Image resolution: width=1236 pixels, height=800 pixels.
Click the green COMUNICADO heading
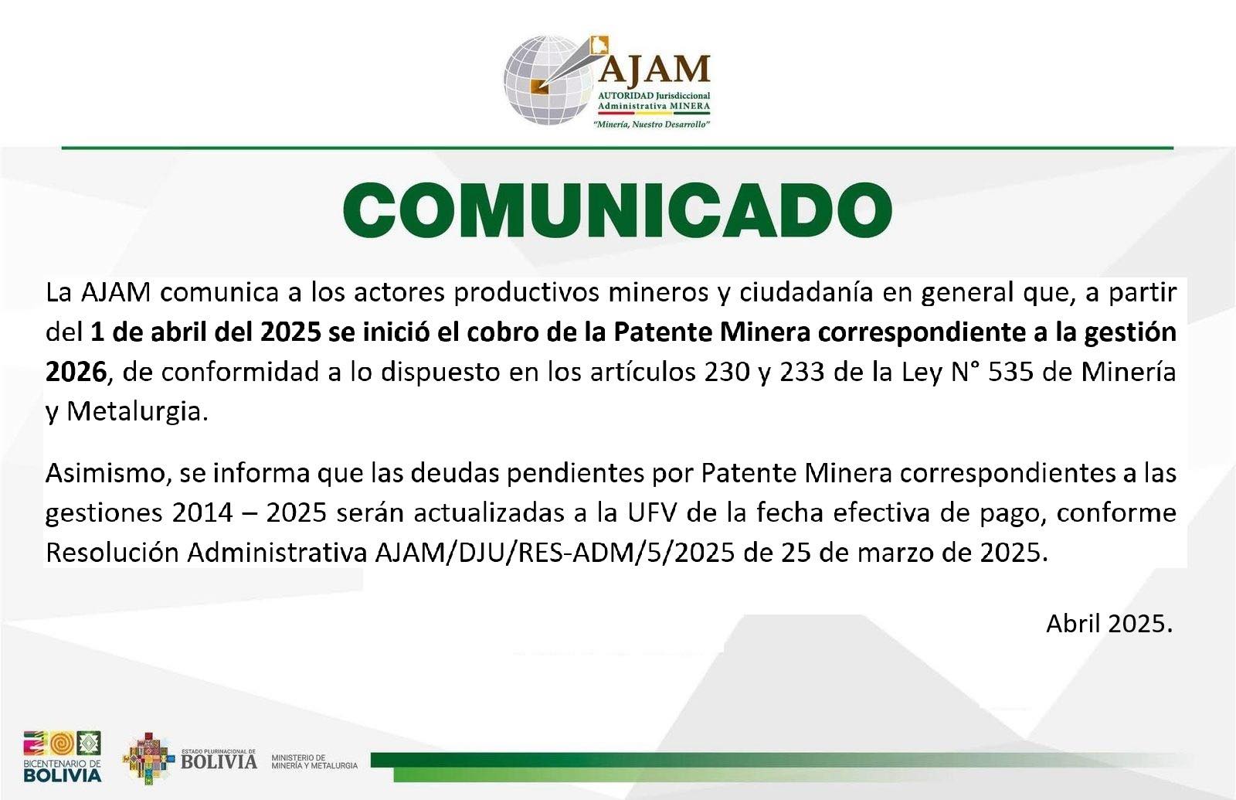click(x=617, y=210)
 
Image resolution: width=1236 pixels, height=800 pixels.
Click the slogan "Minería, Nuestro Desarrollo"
click(x=651, y=124)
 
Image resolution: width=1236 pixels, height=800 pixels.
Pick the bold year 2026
click(x=76, y=372)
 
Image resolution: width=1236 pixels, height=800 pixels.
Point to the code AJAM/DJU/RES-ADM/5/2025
click(x=555, y=553)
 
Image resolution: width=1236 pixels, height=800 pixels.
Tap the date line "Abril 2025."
click(x=1109, y=624)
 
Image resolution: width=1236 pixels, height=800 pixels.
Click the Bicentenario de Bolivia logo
click(x=63, y=756)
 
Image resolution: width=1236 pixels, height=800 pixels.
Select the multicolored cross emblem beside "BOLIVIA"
click(x=148, y=758)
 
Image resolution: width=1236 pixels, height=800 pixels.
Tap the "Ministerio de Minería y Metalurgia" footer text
click(x=314, y=762)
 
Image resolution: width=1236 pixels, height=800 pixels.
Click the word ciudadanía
click(x=806, y=293)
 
